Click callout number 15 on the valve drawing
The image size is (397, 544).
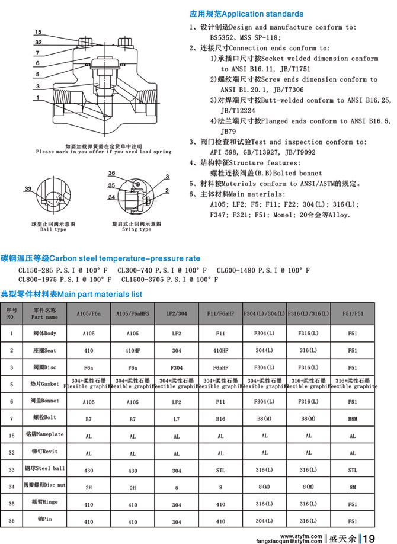39,31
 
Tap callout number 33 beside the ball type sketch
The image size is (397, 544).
28,188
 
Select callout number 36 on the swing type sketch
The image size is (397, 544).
111,172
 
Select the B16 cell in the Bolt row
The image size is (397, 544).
220,418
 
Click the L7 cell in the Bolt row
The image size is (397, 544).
176,418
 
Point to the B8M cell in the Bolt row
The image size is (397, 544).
353,418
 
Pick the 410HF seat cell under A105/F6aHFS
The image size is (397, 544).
132,351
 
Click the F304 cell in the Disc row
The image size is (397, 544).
176,367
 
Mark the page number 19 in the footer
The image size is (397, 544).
369,538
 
